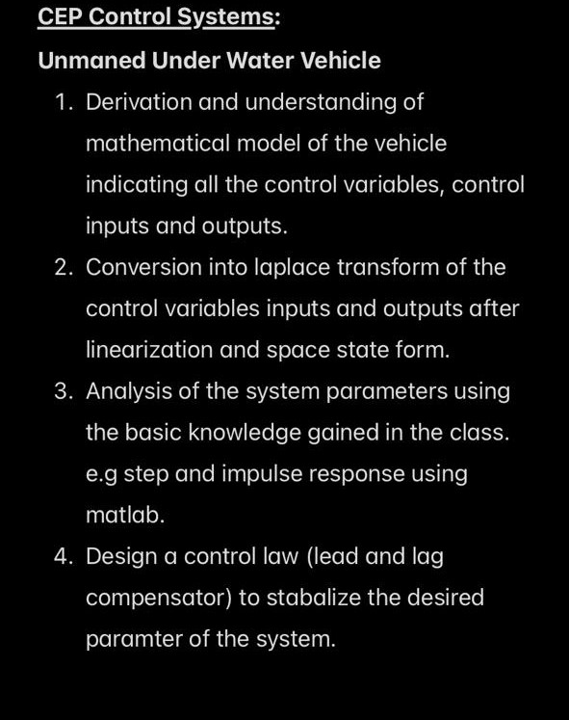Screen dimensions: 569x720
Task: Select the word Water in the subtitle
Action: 260,61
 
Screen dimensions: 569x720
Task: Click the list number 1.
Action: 63,102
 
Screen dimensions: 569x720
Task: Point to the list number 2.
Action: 63,267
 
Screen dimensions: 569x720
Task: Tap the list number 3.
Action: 63,391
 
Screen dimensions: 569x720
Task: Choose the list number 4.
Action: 63,556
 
